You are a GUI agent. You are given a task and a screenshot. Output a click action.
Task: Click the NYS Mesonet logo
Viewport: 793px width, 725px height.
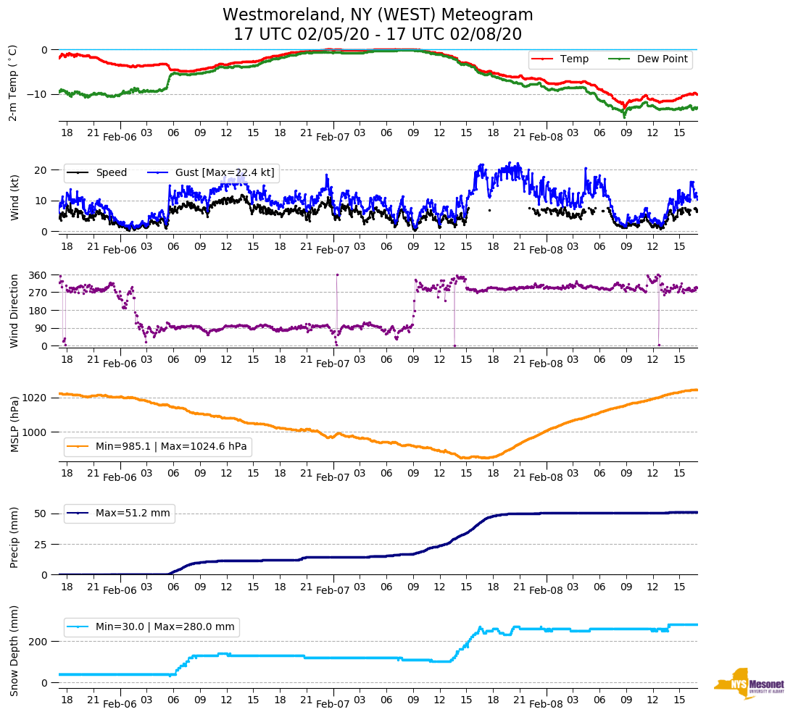click(749, 684)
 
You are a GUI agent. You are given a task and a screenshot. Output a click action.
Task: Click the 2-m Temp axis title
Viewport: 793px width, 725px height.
click(12, 83)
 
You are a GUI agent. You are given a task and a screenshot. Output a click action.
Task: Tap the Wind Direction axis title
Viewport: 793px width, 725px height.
click(14, 311)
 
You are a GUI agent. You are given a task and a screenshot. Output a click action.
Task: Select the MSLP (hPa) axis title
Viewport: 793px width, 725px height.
click(14, 424)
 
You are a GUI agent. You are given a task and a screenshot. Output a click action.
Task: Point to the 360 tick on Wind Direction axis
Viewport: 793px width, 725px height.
click(38, 275)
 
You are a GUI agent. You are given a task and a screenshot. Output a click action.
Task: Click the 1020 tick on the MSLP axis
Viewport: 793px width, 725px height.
click(36, 398)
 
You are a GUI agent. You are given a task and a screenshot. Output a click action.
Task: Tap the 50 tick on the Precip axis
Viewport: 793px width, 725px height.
click(41, 514)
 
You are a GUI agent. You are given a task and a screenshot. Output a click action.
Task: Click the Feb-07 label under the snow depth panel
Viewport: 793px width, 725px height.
click(333, 704)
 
